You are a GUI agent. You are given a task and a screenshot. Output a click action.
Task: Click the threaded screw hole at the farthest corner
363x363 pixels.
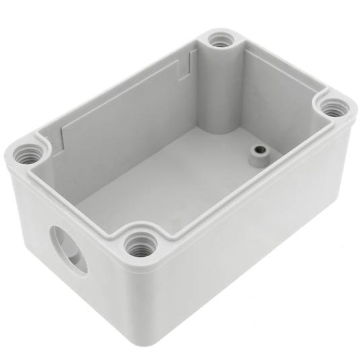coord(219,42)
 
